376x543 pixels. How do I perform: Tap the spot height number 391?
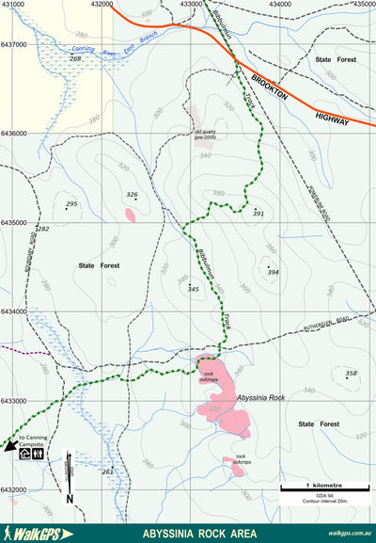click(259, 214)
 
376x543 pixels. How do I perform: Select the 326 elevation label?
click(132, 195)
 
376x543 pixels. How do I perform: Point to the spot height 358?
click(352, 374)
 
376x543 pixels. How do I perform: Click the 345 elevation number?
click(194, 288)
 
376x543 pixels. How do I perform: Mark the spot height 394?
click(273, 272)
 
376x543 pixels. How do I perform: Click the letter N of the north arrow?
click(70, 498)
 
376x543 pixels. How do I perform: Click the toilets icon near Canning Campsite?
click(38, 453)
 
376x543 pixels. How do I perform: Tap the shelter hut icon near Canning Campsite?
click(24, 453)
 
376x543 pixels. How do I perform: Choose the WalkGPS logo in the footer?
click(39, 534)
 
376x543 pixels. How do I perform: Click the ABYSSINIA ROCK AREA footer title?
click(188, 534)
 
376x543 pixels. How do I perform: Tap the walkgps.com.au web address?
click(349, 534)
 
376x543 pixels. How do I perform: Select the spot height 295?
click(71, 204)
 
